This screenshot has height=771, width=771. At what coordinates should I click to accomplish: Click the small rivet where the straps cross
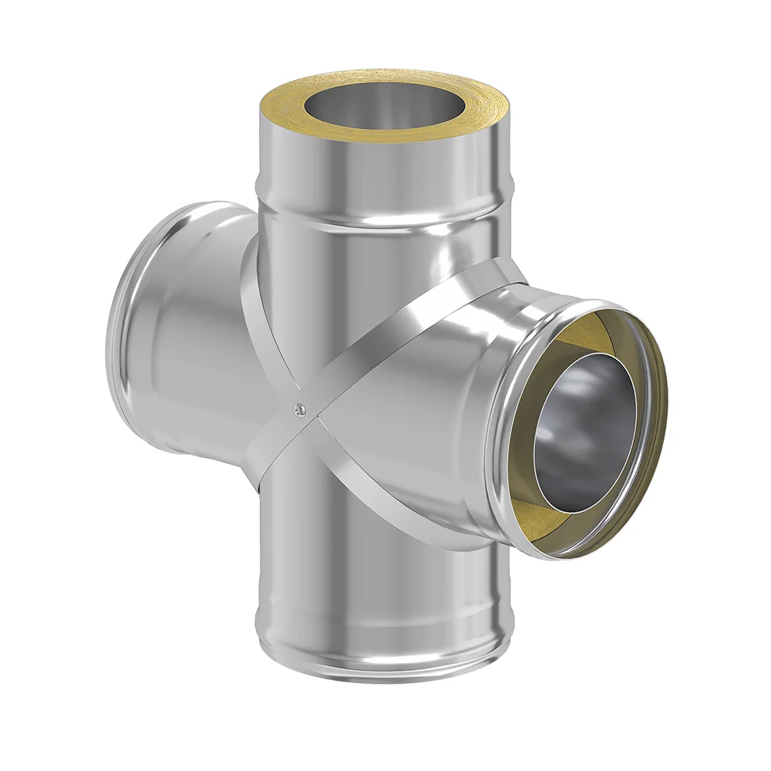[301, 409]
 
